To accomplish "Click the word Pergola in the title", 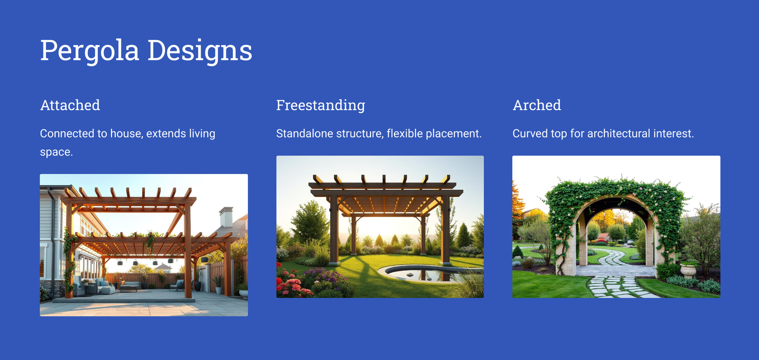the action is (90, 51).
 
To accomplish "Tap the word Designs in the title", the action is (200, 51).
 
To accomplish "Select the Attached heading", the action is (70, 105).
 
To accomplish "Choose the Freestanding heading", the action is (321, 105).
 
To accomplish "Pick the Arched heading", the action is (537, 105).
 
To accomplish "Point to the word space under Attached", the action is (56, 152).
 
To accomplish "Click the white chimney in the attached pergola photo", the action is (226, 217).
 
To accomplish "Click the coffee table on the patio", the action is (129, 288).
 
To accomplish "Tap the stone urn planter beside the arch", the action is (688, 271).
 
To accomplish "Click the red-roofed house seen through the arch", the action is (603, 237).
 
